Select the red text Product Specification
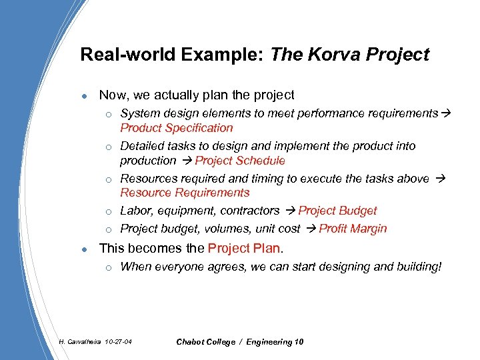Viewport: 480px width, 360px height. click(176, 128)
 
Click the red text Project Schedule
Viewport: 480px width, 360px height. click(239, 161)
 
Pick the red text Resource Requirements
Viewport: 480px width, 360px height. click(185, 193)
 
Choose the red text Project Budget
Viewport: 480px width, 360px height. click(337, 211)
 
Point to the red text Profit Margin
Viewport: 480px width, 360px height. click(353, 229)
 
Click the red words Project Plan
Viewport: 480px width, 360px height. click(245, 249)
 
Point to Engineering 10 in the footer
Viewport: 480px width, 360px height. click(275, 342)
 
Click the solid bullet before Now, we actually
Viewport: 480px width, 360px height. click(83, 96)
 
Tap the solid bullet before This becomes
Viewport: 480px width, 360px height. click(83, 249)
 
